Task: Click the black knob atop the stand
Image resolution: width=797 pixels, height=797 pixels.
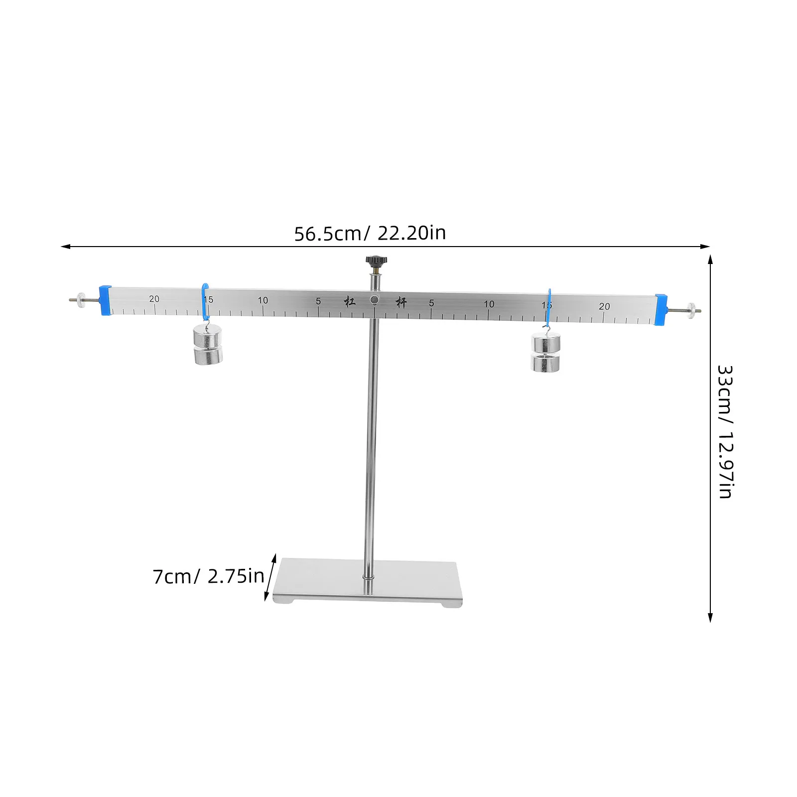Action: click(x=377, y=262)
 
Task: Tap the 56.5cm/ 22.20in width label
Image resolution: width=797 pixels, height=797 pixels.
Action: click(x=370, y=233)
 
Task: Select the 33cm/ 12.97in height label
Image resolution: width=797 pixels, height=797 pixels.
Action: click(x=725, y=432)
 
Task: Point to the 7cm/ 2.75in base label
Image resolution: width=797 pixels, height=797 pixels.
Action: click(x=208, y=576)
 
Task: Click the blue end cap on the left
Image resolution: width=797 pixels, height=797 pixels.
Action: click(x=105, y=300)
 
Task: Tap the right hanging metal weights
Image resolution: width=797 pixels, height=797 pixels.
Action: click(x=545, y=353)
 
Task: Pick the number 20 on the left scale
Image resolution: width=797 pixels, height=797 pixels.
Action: click(x=154, y=299)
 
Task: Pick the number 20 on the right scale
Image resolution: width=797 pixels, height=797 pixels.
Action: click(x=604, y=306)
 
